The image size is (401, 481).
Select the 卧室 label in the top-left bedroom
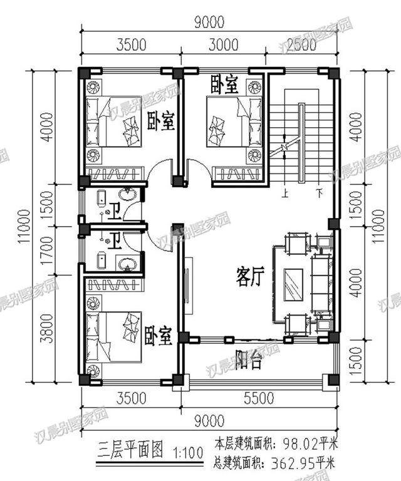pos(160,121)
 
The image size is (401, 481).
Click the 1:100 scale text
pos(182,451)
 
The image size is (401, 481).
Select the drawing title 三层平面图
pos(131,450)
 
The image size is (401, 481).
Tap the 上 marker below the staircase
pos(285,193)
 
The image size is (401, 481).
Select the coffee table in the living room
pos(293,287)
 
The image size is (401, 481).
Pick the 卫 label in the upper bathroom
pos(113,212)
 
